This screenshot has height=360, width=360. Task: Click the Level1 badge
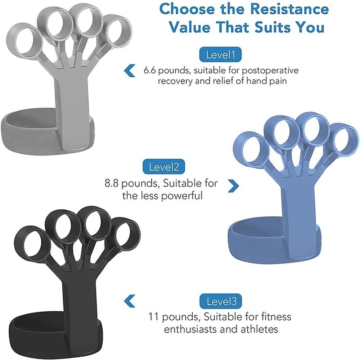(220, 55)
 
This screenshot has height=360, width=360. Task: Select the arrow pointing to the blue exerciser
(234, 185)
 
